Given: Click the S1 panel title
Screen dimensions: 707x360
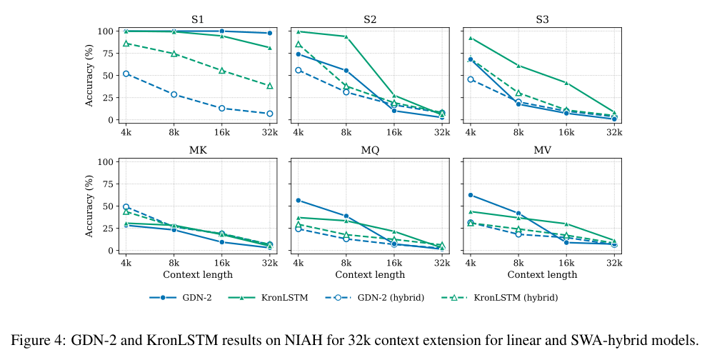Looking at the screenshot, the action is [x=198, y=20].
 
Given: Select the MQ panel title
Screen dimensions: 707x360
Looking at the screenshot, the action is [x=370, y=150].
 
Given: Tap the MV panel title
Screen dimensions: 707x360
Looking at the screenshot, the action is [x=543, y=150].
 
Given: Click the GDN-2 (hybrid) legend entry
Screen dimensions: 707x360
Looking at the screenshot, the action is [x=375, y=298].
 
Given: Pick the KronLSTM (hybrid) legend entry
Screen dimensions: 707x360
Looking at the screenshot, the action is [x=499, y=298].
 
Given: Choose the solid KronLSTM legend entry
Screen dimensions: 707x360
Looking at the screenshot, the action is [x=269, y=298].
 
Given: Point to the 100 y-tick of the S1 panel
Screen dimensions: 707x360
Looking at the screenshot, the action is [x=105, y=31].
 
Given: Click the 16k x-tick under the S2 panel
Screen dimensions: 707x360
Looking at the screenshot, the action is [x=394, y=132].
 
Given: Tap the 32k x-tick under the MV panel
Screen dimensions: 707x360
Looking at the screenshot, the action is [x=614, y=263].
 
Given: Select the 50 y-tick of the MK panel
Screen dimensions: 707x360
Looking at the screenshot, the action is [x=108, y=206].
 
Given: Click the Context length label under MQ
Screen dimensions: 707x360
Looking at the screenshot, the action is [x=370, y=274].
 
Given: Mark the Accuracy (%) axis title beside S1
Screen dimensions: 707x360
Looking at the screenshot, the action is [x=89, y=75].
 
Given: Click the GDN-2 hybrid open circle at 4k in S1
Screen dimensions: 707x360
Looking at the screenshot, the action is [x=126, y=74].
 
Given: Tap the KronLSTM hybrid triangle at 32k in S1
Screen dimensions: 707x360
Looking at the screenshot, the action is [x=270, y=86].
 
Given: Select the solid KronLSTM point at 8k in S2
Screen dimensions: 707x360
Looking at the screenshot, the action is [x=346, y=36].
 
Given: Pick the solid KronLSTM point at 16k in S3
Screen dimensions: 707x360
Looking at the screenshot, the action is [x=566, y=83].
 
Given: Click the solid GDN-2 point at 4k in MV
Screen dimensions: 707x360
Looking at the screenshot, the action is [x=471, y=195].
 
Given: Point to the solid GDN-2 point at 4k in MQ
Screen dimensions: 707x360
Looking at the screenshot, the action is [x=299, y=200].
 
